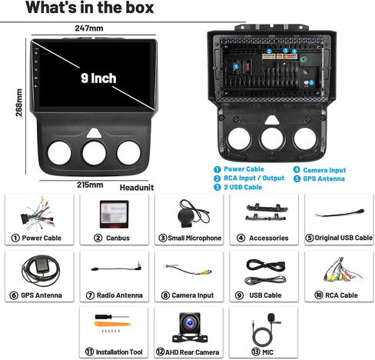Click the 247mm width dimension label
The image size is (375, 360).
click(x=89, y=28)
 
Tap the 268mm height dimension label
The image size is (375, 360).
click(x=19, y=102)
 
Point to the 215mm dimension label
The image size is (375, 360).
click(x=90, y=185)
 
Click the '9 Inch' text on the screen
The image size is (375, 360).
click(x=98, y=78)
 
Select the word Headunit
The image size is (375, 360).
click(x=137, y=188)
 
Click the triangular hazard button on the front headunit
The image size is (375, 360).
click(x=94, y=133)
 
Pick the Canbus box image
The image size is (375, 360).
click(x=114, y=215)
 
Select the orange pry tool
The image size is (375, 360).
click(x=112, y=325)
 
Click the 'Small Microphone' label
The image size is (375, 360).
click(x=194, y=238)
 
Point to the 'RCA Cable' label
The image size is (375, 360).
click(x=341, y=295)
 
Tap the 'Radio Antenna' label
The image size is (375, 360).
click(x=119, y=295)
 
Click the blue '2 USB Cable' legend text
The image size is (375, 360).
click(x=243, y=187)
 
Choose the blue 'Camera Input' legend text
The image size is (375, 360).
click(x=324, y=170)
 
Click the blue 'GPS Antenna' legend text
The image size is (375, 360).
click(x=324, y=178)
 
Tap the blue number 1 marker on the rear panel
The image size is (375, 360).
click(x=236, y=67)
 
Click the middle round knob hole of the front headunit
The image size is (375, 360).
click(x=94, y=153)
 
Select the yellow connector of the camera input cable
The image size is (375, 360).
click(x=206, y=272)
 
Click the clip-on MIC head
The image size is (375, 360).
click(x=271, y=318)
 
